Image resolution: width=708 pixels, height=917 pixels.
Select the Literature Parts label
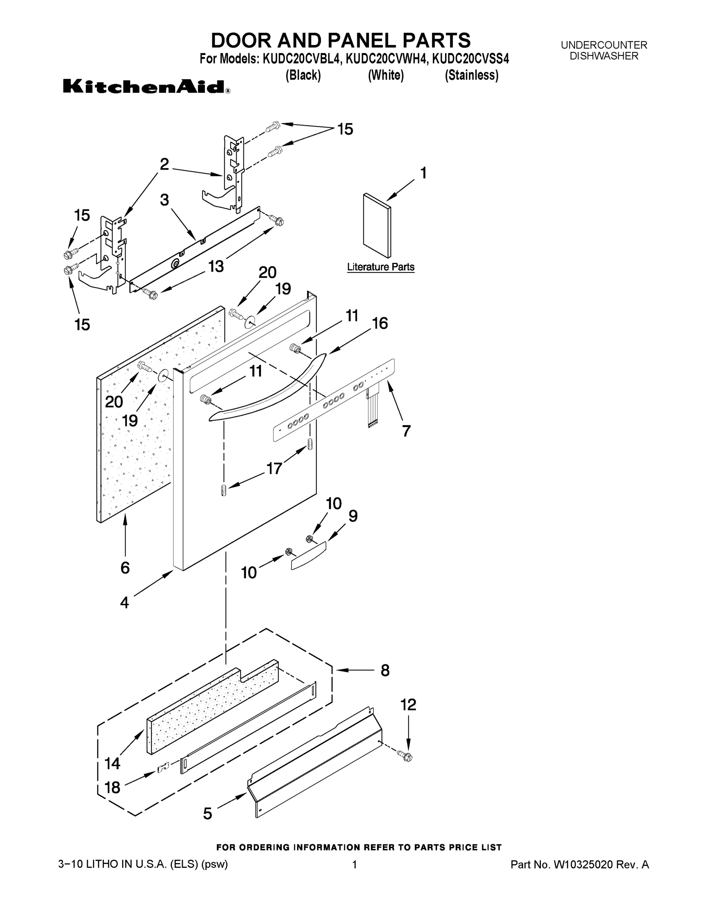click(381, 267)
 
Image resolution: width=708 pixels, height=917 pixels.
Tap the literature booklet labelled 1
click(377, 225)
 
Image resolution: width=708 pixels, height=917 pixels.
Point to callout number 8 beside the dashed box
click(385, 671)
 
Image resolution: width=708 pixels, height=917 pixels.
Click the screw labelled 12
click(407, 767)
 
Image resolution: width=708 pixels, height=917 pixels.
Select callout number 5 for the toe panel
click(208, 814)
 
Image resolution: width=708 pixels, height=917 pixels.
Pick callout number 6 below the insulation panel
click(124, 568)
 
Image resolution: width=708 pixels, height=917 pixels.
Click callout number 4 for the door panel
click(124, 603)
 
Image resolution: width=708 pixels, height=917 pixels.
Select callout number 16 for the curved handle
click(380, 323)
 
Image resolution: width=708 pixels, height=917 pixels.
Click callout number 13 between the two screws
click(216, 266)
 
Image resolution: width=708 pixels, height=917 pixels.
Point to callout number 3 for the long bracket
click(164, 200)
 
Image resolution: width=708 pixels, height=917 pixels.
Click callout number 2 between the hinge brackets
click(164, 164)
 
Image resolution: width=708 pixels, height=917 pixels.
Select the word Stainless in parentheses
click(471, 75)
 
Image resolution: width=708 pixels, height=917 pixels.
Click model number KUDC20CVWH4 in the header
click(386, 59)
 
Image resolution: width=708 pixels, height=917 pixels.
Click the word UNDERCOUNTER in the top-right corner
click(604, 45)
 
